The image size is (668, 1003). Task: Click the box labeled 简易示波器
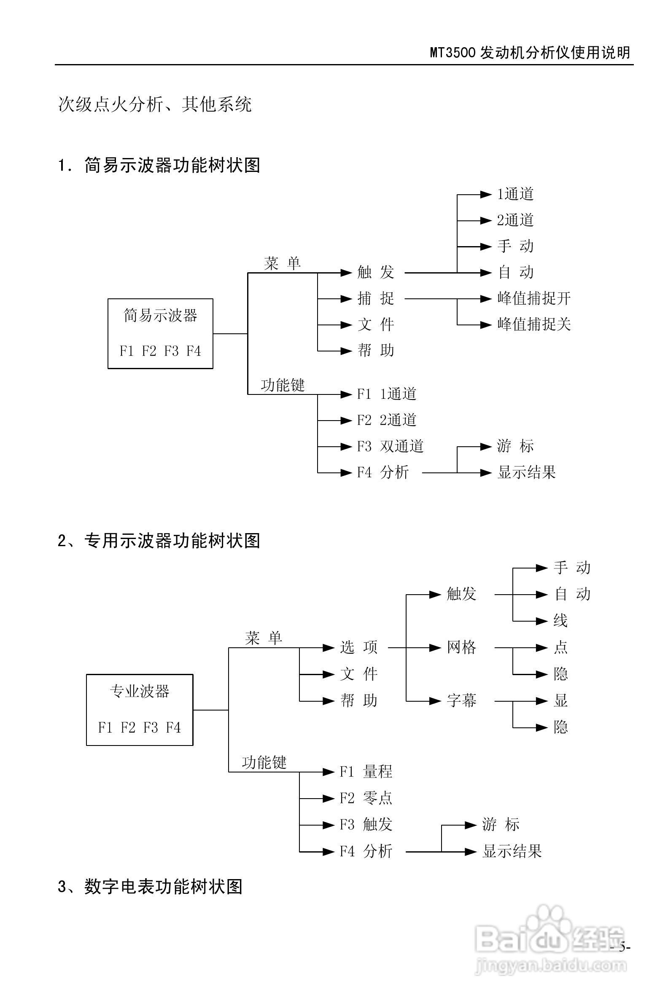[160, 333]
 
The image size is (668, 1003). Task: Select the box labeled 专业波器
[139, 710]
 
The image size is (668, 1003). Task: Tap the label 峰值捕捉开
[533, 298]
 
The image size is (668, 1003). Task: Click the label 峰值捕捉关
[533, 324]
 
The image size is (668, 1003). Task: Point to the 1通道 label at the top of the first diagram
[515, 194]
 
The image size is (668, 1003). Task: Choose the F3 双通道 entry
[390, 446]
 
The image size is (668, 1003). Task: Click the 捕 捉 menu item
[375, 298]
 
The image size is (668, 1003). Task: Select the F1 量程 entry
[366, 771]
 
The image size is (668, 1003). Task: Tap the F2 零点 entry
[366, 798]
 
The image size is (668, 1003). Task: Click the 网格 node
[461, 647]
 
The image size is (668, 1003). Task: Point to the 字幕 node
[461, 700]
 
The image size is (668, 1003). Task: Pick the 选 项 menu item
[359, 647]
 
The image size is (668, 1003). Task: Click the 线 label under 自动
[560, 621]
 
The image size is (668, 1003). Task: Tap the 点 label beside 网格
[560, 647]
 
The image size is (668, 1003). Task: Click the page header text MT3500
[453, 53]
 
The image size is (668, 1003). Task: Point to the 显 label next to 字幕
[560, 700]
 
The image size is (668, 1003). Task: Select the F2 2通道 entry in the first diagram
[386, 420]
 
